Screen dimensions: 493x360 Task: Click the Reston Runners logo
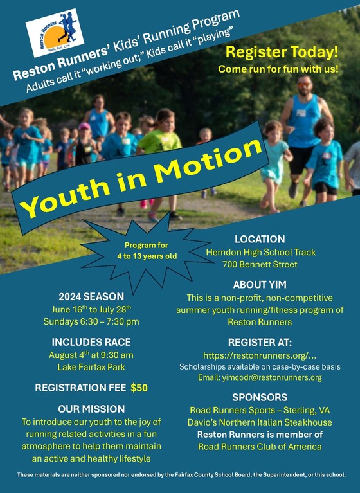[55, 33]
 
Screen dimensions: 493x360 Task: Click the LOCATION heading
[259, 239]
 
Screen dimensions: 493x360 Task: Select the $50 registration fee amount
[139, 388]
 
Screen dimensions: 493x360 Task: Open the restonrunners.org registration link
[260, 355]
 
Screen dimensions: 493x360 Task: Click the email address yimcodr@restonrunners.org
[259, 377]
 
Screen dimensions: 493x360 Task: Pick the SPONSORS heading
[260, 397]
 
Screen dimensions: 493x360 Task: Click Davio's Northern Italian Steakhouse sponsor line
[260, 422]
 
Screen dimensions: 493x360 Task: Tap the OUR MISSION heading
[91, 409]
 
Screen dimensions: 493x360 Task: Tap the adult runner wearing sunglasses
[305, 122]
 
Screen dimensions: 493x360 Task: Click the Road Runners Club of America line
[260, 447]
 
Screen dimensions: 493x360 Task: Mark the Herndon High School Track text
[260, 252]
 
